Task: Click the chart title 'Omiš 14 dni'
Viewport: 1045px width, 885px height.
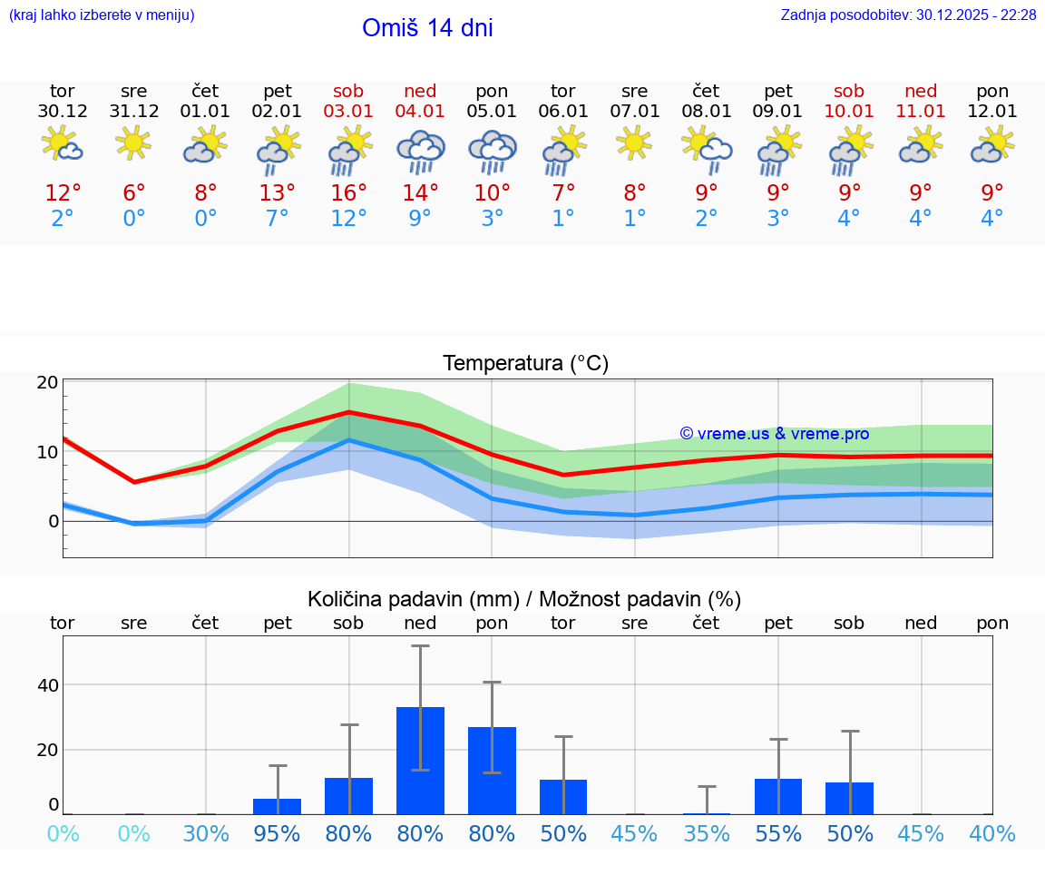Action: (x=427, y=28)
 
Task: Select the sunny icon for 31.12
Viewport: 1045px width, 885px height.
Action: (x=133, y=143)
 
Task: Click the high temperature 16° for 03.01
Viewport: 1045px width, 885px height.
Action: (x=348, y=193)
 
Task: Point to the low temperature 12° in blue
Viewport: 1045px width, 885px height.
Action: (x=348, y=219)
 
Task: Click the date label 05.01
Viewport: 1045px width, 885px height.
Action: (x=492, y=112)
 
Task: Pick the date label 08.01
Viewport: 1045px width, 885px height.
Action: (x=706, y=112)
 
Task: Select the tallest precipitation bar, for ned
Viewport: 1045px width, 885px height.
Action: (x=420, y=760)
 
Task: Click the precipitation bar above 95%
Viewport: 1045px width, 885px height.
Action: (x=277, y=806)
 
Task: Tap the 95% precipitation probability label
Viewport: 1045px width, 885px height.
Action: (x=277, y=833)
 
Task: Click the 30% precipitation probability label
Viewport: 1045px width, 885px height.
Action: (x=206, y=833)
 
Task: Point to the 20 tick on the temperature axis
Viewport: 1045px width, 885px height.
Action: (x=48, y=382)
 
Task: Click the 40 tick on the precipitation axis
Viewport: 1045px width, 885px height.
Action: (x=48, y=684)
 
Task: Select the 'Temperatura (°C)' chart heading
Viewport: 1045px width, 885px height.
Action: (x=525, y=364)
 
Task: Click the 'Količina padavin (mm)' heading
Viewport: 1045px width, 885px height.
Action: (x=412, y=599)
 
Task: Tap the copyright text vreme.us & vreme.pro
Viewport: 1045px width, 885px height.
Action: (x=774, y=434)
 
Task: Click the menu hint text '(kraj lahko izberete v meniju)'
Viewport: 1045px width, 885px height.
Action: (x=102, y=15)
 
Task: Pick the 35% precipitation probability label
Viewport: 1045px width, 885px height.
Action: (x=706, y=833)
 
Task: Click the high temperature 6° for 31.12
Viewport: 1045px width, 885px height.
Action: (x=133, y=193)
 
